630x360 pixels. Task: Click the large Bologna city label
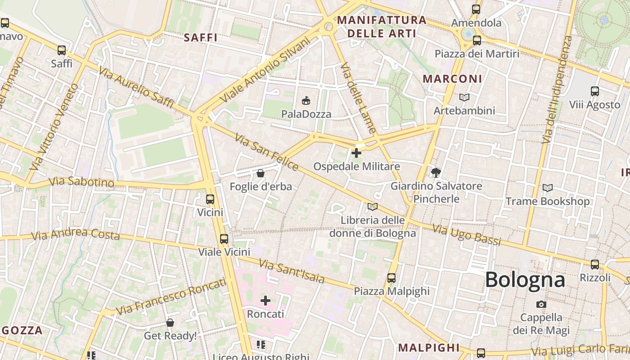(x=525, y=279)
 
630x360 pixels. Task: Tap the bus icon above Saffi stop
(x=62, y=50)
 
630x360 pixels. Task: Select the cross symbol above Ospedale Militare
(x=356, y=153)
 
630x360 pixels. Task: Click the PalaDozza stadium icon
(x=306, y=100)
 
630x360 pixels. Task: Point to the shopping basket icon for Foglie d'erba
(x=260, y=173)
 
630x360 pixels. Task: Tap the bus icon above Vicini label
(x=210, y=199)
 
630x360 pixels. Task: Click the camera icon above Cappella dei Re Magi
(x=541, y=304)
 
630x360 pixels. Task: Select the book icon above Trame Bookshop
(x=547, y=188)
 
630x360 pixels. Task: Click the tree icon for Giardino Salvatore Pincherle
(x=436, y=172)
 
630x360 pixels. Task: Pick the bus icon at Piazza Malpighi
(x=391, y=278)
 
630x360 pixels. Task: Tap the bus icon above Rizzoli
(x=595, y=264)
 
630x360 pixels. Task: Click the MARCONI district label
(x=452, y=79)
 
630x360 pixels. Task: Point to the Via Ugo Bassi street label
(x=467, y=235)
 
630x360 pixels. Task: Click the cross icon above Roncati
(x=265, y=300)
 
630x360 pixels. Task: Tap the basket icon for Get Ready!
(x=170, y=322)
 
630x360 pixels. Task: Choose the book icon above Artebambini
(x=464, y=97)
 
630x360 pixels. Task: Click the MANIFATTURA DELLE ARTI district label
(x=382, y=27)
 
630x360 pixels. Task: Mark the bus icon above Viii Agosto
(x=595, y=91)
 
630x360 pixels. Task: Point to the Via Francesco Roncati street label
(x=171, y=296)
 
